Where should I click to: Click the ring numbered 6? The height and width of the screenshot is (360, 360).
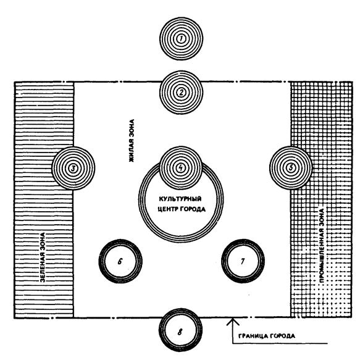99,261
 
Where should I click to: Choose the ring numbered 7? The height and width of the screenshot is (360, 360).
222,261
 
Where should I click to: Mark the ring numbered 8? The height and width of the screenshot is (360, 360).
159,330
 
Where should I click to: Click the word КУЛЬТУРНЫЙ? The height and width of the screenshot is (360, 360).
180,199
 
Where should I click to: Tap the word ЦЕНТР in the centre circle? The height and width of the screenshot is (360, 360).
168,209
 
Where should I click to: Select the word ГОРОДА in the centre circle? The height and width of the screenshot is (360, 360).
193,209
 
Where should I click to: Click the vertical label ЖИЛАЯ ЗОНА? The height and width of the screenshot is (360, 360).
132,141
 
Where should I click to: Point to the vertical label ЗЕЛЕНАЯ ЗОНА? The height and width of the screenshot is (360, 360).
43,257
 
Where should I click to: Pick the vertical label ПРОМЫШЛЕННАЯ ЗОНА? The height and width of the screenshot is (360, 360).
322,245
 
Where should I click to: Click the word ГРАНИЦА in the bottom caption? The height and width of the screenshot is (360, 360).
253,336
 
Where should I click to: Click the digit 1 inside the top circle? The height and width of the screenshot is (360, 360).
181,39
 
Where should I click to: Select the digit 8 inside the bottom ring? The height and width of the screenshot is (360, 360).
180,332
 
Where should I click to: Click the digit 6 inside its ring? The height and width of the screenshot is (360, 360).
120,261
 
